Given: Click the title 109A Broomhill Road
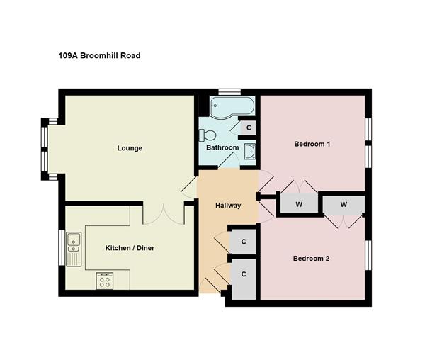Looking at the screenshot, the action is click(x=99, y=55).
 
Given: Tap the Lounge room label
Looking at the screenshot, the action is click(x=130, y=148).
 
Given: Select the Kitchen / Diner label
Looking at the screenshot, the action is click(x=130, y=248).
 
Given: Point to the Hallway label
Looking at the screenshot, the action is click(x=228, y=206).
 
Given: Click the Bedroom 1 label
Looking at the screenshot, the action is click(x=312, y=144).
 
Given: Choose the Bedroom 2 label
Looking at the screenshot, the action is click(x=312, y=259).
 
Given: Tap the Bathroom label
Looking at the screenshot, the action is click(x=222, y=147).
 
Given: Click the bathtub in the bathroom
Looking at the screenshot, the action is click(x=232, y=107).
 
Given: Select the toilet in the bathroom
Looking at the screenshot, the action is click(x=208, y=135).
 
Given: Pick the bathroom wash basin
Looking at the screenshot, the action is click(x=249, y=151).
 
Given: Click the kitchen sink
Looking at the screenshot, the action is click(x=74, y=249).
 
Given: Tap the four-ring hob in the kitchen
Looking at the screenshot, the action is click(x=105, y=281).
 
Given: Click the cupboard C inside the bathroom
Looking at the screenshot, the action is click(x=249, y=128).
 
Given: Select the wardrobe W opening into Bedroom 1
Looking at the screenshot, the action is click(x=299, y=203).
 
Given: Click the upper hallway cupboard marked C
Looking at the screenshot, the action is click(x=244, y=242).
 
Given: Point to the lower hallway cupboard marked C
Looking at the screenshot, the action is click(x=244, y=279).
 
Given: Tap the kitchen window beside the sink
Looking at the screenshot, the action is click(x=62, y=247).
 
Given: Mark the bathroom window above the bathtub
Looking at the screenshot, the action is click(x=229, y=92).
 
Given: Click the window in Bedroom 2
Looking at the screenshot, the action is click(x=368, y=255).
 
